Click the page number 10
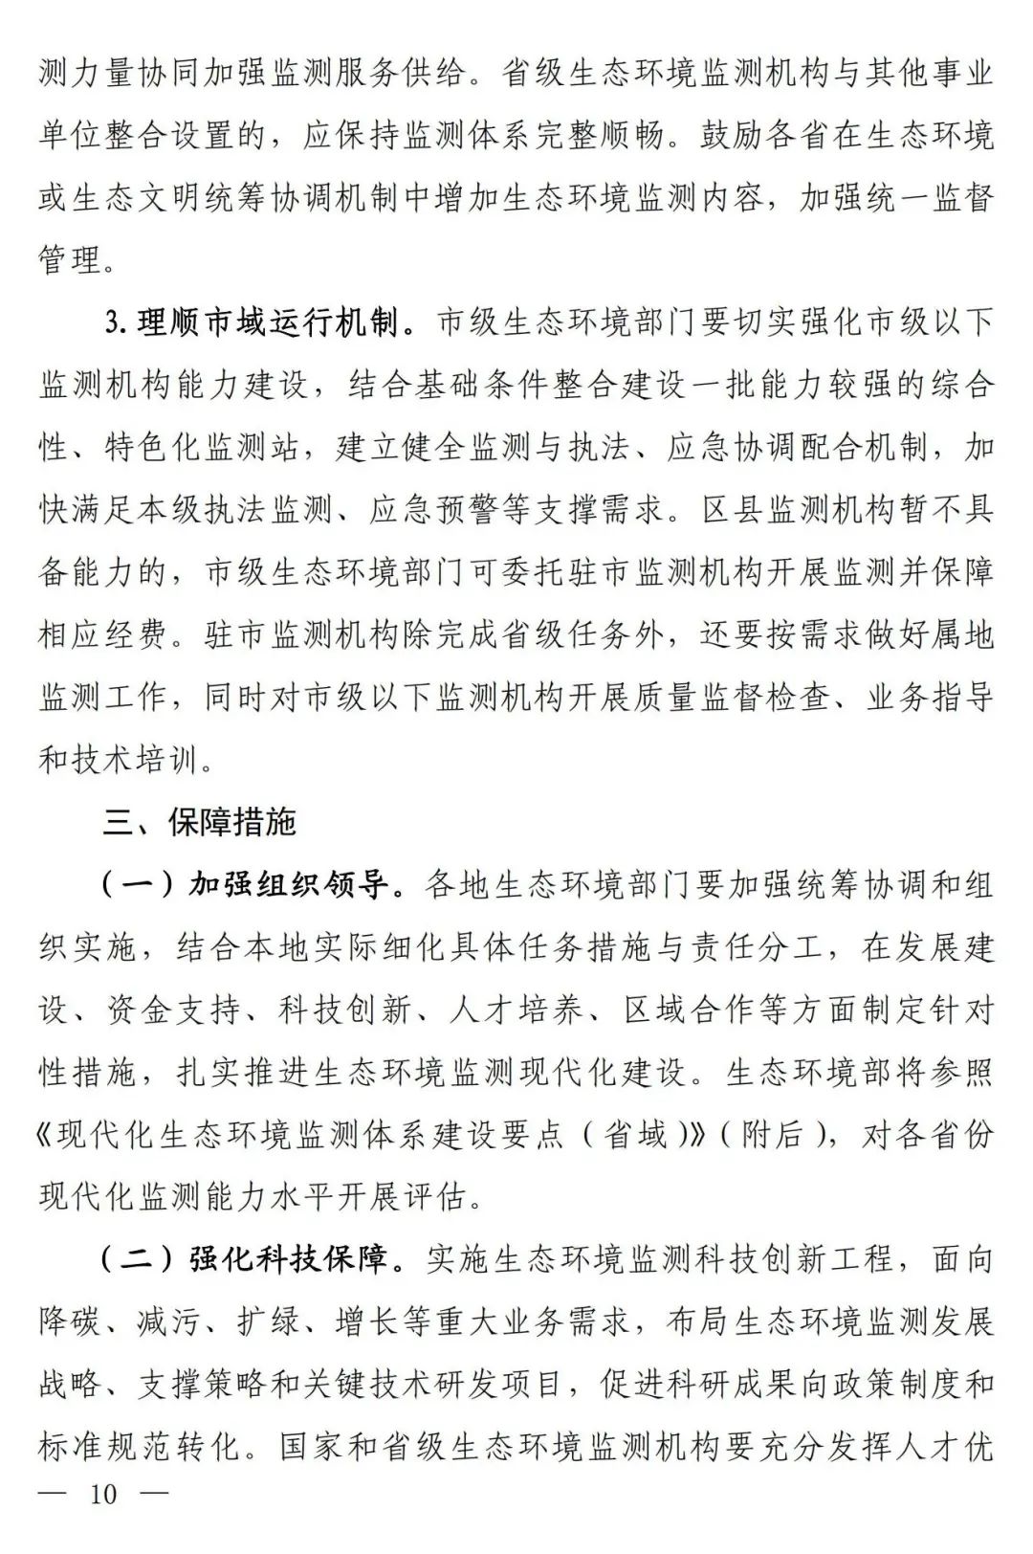(103, 1495)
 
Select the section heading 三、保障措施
(200, 821)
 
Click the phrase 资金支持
(187, 1010)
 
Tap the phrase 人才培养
(516, 1010)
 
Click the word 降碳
(70, 1321)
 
